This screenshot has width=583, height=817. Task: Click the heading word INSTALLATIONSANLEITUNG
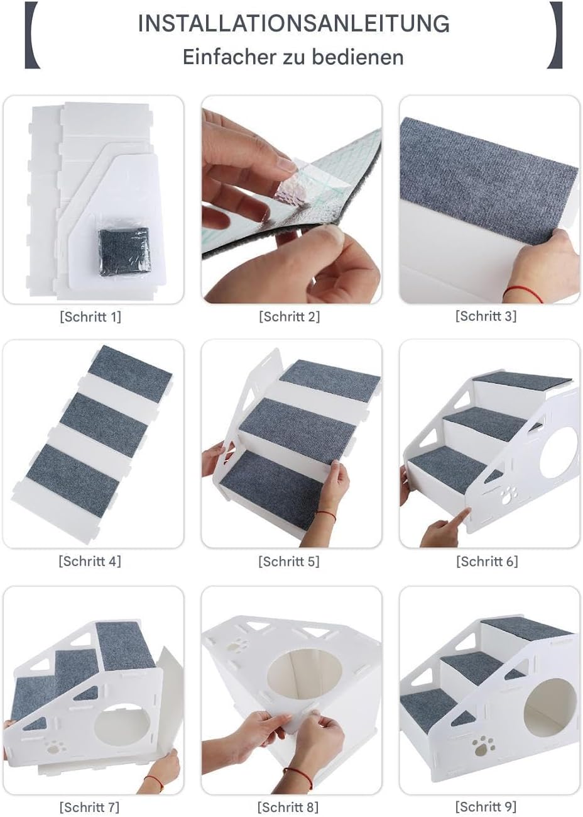[293, 24]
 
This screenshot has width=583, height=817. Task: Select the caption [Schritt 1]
[90, 316]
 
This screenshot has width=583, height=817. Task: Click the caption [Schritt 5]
[289, 561]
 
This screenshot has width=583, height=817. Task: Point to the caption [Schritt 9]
[486, 806]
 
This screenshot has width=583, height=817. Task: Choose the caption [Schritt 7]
[90, 806]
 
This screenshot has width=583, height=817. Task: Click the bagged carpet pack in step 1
[124, 251]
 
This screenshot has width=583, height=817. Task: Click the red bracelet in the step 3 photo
[525, 293]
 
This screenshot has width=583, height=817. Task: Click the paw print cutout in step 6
[507, 496]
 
